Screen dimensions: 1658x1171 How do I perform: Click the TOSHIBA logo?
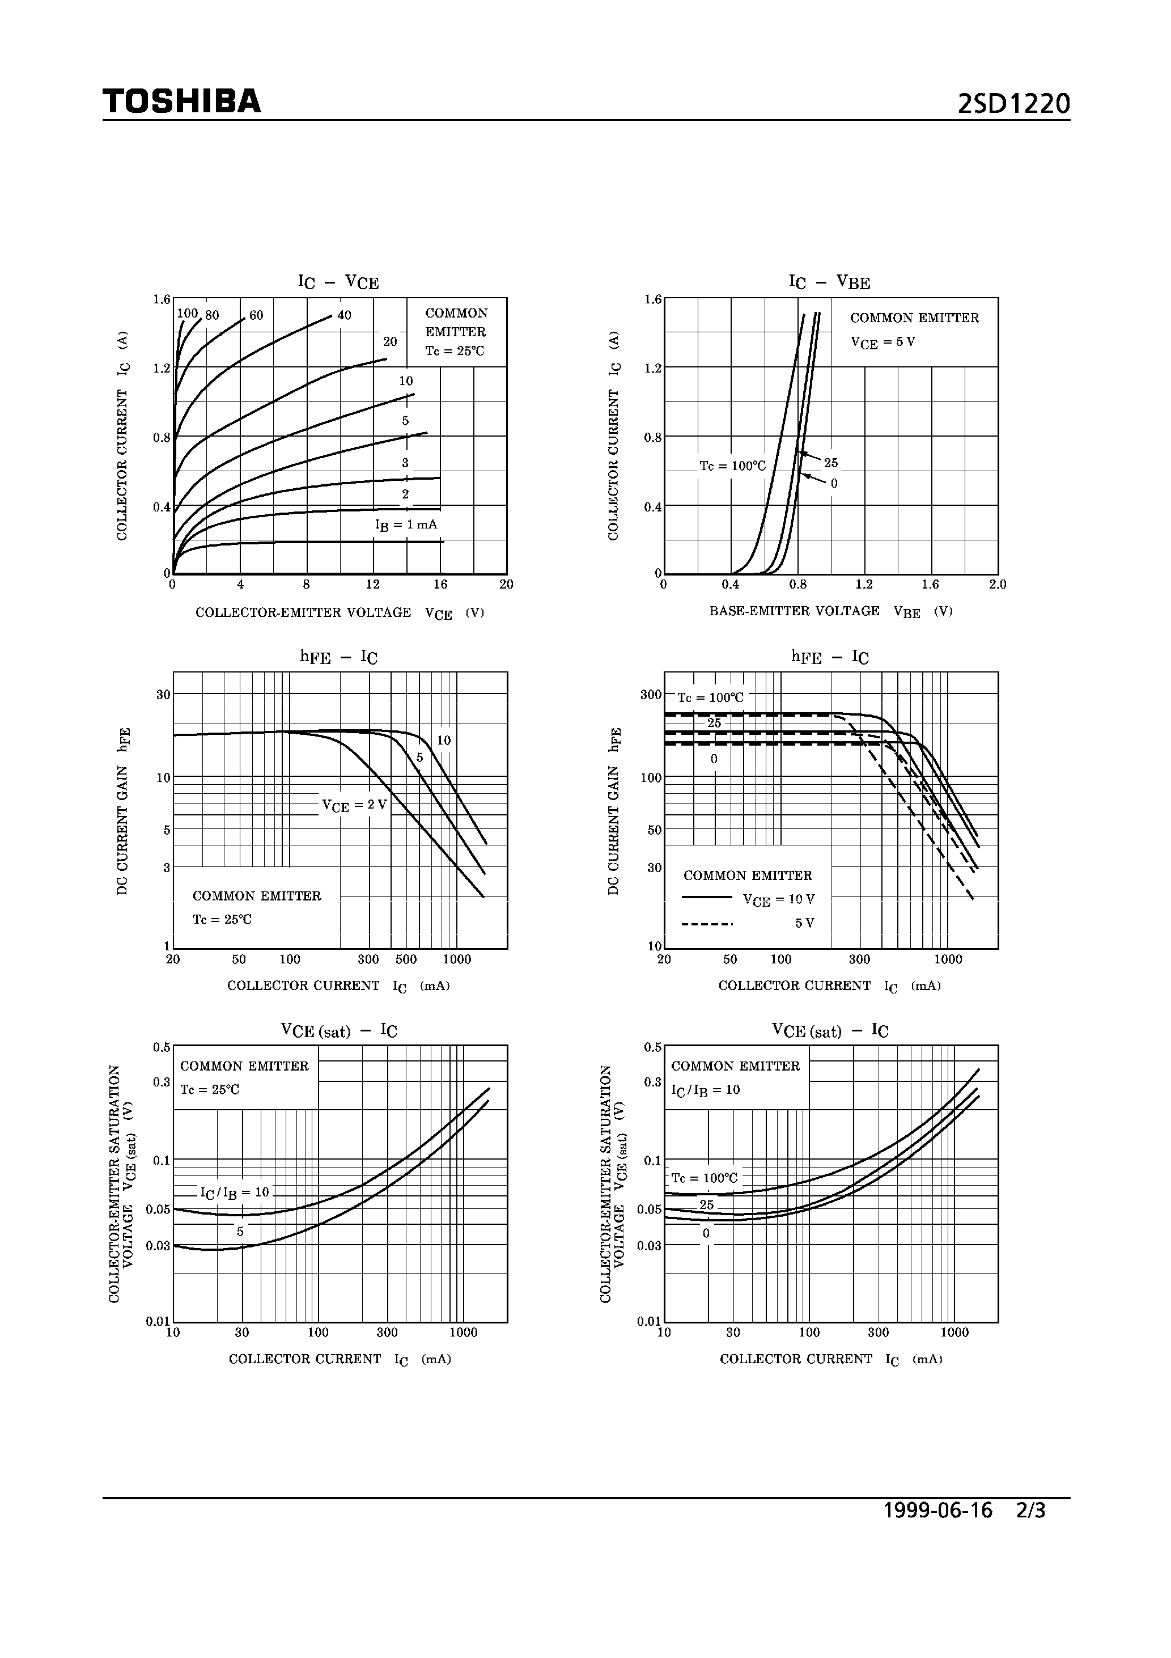coord(181,101)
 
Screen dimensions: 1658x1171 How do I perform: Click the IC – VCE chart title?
coord(338,282)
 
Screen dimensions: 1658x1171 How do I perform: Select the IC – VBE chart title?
coord(830,282)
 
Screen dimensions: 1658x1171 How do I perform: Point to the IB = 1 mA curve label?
coord(406,525)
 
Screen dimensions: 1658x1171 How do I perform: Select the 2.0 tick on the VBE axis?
coord(997,584)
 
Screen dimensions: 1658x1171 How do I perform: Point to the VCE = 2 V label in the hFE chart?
coord(354,805)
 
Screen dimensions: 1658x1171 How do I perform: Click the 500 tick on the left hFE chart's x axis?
coord(406,960)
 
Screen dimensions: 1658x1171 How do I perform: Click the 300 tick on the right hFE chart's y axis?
coord(651,695)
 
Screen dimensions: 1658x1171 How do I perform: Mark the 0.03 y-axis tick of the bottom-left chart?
coord(158,1246)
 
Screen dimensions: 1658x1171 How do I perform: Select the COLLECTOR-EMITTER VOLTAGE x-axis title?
coord(303,612)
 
